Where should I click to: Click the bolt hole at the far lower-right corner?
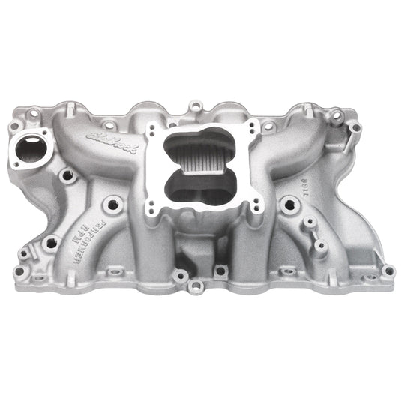click(x=388, y=270)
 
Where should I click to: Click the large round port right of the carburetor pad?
click(x=289, y=202)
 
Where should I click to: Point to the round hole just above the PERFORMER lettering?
click(x=70, y=175)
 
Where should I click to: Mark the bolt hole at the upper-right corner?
click(x=336, y=116)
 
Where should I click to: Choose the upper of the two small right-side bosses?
click(x=307, y=223)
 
